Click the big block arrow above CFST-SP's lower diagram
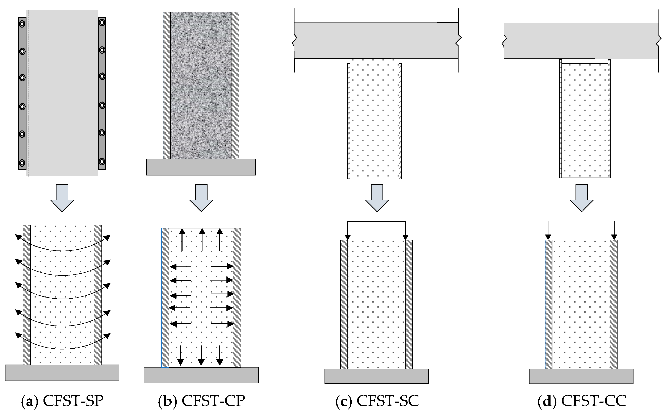point(62,197)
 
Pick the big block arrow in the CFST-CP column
point(201,197)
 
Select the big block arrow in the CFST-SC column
point(377,197)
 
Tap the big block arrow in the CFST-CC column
point(582,197)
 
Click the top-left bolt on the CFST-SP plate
point(22,24)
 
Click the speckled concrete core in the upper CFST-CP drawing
point(201,86)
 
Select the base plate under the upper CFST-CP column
point(201,167)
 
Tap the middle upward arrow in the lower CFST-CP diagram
point(202,239)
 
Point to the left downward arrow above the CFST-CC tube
point(548,231)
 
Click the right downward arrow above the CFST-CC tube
point(614,231)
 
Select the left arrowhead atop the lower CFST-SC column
point(348,237)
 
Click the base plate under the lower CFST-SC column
point(376,376)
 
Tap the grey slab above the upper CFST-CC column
point(581,41)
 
